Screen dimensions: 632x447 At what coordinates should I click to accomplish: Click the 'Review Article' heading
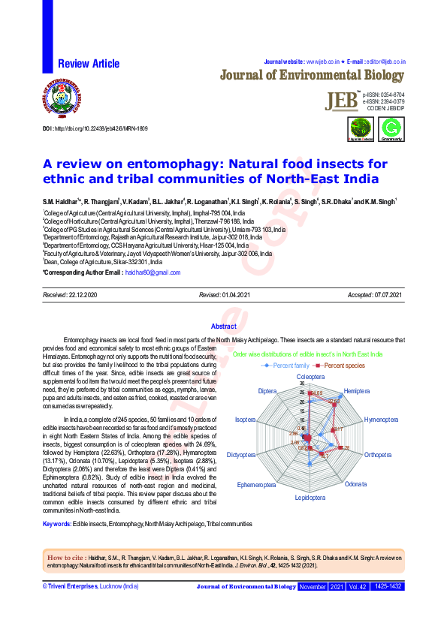click(x=89, y=64)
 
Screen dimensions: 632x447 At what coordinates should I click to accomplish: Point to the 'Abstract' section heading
click(x=223, y=327)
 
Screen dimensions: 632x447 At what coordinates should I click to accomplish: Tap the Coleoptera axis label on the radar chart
click(x=310, y=375)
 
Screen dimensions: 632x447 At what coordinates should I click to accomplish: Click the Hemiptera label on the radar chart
click(x=356, y=392)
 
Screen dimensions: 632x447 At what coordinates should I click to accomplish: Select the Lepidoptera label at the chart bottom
click(x=310, y=498)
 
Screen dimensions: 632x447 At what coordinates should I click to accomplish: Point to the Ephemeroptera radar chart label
click(x=258, y=484)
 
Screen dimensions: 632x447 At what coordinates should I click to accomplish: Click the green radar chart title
click(x=308, y=354)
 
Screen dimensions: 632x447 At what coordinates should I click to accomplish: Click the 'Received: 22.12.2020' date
click(x=71, y=296)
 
